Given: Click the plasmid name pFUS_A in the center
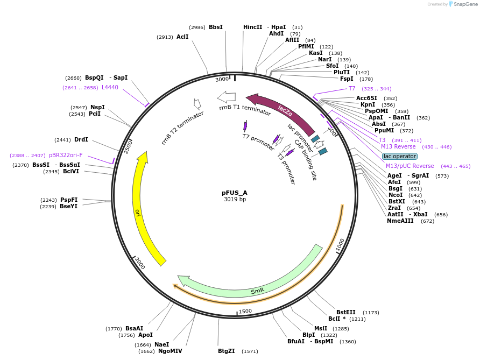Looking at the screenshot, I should click(235, 192).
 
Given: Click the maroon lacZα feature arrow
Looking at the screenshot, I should click(283, 110).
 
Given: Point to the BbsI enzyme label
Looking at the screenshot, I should click(215, 27).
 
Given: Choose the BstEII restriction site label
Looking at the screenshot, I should click(346, 312).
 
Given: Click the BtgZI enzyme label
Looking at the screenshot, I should click(226, 351).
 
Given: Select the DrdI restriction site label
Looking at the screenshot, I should click(81, 139).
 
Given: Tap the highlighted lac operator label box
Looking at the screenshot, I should click(399, 156).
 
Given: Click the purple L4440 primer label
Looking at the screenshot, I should click(110, 87).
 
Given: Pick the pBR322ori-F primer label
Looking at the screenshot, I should click(66, 155).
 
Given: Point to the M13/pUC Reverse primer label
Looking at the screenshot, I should click(410, 166).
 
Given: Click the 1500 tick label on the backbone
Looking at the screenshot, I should click(245, 311).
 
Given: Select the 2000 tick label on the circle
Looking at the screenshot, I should click(140, 263).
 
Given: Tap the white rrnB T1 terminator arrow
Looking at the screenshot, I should click(227, 97).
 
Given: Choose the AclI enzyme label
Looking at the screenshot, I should click(182, 37).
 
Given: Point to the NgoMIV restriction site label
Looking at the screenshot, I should click(170, 351).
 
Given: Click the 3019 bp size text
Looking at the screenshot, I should click(235, 199).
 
